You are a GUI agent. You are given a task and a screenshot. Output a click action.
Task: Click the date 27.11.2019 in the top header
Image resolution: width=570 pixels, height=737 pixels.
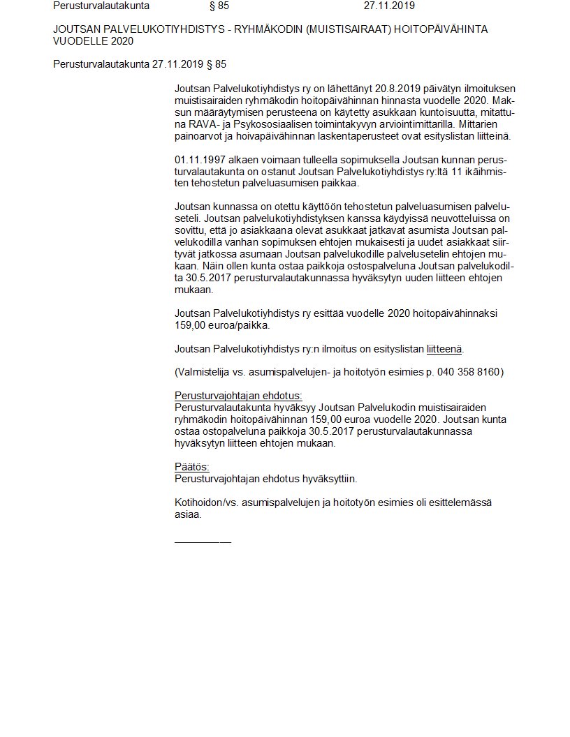point(389,6)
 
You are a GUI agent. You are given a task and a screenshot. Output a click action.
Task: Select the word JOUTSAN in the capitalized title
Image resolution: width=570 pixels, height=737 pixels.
point(74,29)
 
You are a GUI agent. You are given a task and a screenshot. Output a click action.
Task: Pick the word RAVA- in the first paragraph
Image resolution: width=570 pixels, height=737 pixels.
point(203,124)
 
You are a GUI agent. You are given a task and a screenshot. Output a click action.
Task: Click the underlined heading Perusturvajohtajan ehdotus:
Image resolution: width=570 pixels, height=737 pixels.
point(238,396)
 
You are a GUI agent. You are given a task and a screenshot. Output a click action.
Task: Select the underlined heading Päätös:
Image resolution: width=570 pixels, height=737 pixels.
point(191,467)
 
